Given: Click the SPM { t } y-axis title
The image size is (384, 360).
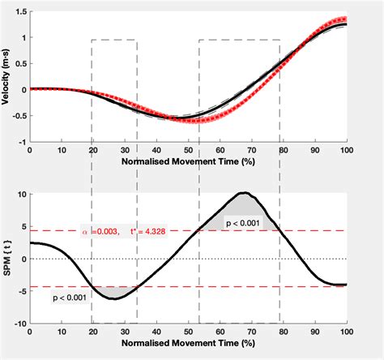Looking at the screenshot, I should coord(6,259).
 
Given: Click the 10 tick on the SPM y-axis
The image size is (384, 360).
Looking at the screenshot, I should coord(21,195).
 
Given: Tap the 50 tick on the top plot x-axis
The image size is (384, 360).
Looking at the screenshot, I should coord(188,151).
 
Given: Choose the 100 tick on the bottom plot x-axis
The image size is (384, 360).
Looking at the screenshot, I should coord(347,332).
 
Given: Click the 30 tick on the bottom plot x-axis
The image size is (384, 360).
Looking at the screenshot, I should coord(125,332).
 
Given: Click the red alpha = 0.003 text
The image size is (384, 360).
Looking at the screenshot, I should coord(103,231).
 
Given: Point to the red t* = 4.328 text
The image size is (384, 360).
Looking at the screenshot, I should coord(146,231).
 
